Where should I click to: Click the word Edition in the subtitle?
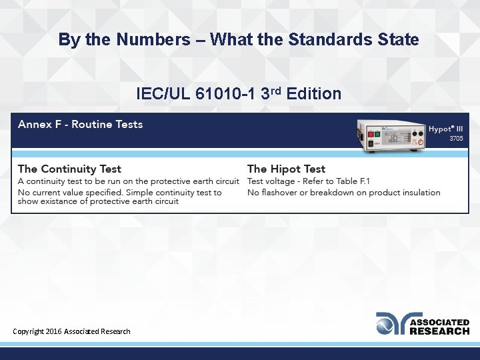point(315,94)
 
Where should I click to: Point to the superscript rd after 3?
point(277,90)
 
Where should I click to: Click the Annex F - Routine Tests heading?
point(80,124)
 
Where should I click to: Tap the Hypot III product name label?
point(445,129)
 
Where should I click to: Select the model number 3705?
point(455,139)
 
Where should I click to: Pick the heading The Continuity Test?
point(69,169)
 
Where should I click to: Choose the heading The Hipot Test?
point(286,169)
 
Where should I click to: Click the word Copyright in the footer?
point(28,331)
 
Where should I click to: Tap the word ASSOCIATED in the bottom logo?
point(439,322)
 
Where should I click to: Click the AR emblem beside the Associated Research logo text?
point(391,323)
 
